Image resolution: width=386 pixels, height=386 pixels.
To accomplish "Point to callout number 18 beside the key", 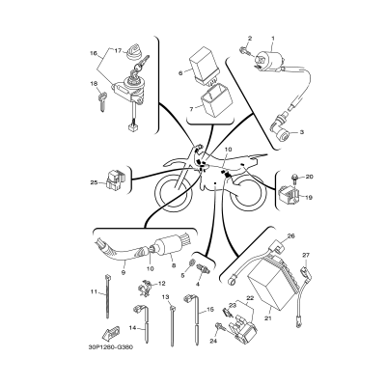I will pyautogui.click(x=96, y=85).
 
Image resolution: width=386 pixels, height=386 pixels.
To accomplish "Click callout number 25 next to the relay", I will pyautogui.click(x=95, y=181).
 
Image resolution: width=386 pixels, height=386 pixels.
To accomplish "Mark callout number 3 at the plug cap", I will pyautogui.click(x=302, y=130).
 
